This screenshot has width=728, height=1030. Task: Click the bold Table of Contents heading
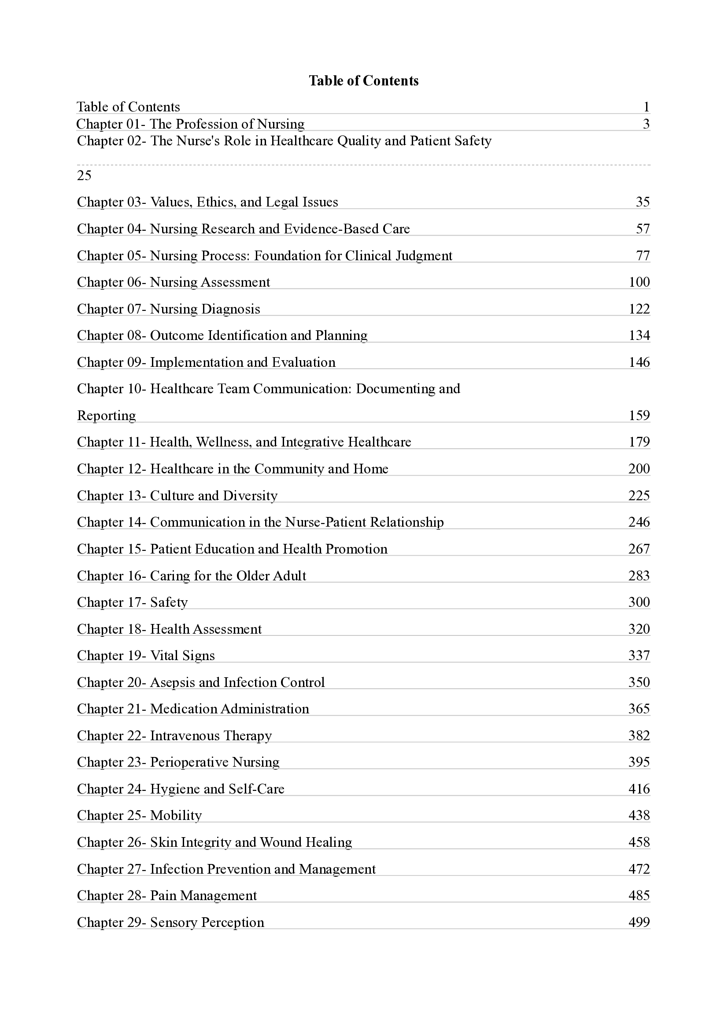click(363, 81)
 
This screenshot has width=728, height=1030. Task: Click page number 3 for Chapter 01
click(646, 124)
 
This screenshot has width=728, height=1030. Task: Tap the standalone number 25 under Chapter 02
click(84, 175)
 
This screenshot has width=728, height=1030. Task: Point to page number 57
click(643, 229)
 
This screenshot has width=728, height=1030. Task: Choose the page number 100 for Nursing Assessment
click(639, 282)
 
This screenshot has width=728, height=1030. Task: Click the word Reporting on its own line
click(106, 416)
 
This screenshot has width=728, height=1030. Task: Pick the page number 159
click(639, 415)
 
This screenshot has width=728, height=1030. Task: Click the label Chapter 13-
click(111, 496)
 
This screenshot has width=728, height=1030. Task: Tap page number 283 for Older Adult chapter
click(639, 576)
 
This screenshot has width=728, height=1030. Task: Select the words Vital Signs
click(183, 656)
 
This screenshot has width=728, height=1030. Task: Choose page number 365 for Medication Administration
click(639, 709)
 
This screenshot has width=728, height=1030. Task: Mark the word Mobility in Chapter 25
click(176, 816)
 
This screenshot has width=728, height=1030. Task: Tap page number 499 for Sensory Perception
click(639, 923)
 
